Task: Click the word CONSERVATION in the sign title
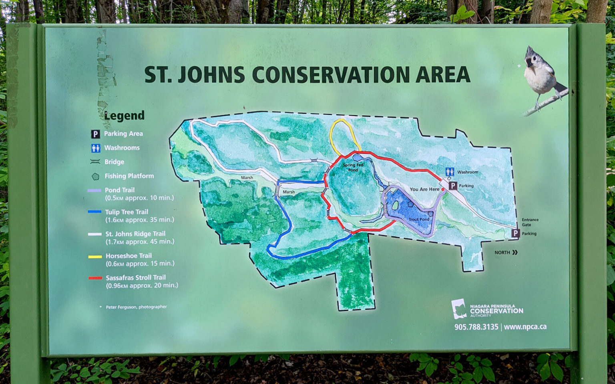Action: pos(331,75)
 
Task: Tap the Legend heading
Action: pos(124,116)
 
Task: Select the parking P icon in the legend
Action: pos(95,134)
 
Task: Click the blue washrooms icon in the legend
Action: pos(95,148)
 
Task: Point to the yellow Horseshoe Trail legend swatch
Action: pos(95,256)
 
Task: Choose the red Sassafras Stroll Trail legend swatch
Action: pos(95,278)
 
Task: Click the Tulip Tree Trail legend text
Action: pos(127,212)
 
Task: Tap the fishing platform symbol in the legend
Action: pos(95,176)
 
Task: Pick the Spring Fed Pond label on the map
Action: pos(353,167)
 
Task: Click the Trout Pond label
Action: pos(419,219)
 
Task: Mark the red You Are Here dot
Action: pos(443,189)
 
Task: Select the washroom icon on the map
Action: pos(450,172)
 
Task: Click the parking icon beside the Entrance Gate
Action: pos(516,233)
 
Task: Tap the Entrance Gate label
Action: pos(530,222)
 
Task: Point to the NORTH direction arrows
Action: pos(515,252)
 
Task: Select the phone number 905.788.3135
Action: pos(476,327)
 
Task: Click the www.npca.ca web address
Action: pos(525,327)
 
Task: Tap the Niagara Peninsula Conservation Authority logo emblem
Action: pos(459,308)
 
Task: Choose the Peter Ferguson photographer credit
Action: pos(136,307)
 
